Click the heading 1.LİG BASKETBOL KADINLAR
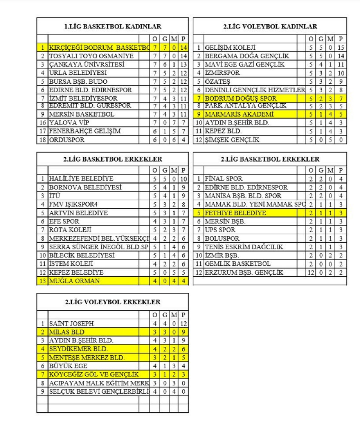pos(113,26)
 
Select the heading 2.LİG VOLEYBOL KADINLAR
pos(270,26)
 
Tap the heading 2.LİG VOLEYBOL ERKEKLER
pos(113,302)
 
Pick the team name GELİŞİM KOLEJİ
pos(230,48)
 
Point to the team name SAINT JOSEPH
pos(71,323)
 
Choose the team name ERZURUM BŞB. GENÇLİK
pos(244,272)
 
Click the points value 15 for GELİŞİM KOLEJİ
pos(341,48)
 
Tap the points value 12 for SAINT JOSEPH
pos(184,323)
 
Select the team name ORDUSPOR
pos(67,140)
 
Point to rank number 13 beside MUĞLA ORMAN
pos(43,281)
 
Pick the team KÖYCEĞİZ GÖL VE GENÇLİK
pos(94,374)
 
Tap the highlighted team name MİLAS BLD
pos(67,332)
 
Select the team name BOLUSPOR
pos(222,238)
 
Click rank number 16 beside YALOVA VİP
pos(43,123)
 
